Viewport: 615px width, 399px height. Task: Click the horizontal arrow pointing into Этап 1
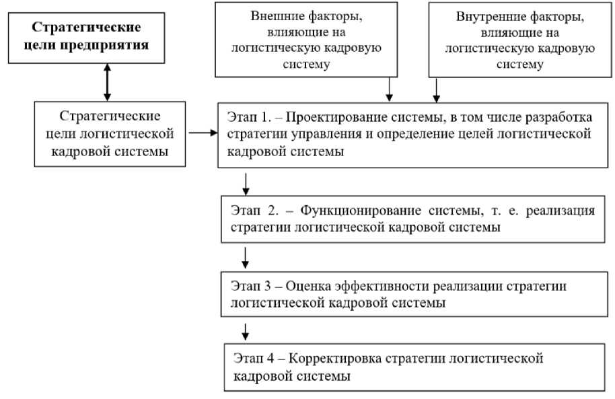pyautogui.click(x=203, y=133)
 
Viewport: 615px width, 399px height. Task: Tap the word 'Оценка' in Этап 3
pyautogui.click(x=304, y=286)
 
